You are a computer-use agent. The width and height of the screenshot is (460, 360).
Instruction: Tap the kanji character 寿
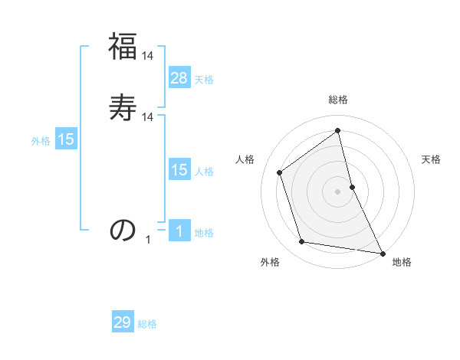point(123,108)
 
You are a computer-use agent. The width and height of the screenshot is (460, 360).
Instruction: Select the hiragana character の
point(123,229)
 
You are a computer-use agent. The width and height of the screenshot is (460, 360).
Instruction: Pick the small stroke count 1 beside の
point(148,240)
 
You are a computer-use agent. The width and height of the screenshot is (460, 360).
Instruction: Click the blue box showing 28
point(179,78)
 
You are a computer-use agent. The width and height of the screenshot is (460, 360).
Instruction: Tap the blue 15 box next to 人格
point(179,170)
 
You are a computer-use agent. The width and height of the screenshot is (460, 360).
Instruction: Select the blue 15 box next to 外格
point(66,139)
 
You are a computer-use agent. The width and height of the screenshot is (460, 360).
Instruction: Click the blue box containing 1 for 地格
point(179,231)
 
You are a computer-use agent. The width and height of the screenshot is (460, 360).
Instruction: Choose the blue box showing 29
point(123,322)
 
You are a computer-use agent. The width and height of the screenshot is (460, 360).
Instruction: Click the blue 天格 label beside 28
point(204,80)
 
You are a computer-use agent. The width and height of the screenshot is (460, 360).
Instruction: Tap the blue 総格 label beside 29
point(147,324)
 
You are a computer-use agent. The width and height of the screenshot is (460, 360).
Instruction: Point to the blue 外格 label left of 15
point(41,141)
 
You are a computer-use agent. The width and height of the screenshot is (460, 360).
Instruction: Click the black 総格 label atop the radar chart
point(338,100)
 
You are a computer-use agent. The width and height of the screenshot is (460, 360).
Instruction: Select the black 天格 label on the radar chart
point(431,159)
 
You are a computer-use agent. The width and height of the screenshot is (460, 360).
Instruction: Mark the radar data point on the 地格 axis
point(382,252)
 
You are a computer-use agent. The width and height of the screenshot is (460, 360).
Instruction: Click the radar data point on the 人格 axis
point(280,172)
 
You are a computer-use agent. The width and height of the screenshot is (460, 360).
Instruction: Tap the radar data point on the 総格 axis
point(338,131)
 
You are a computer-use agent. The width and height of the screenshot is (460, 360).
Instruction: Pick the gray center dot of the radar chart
point(338,191)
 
